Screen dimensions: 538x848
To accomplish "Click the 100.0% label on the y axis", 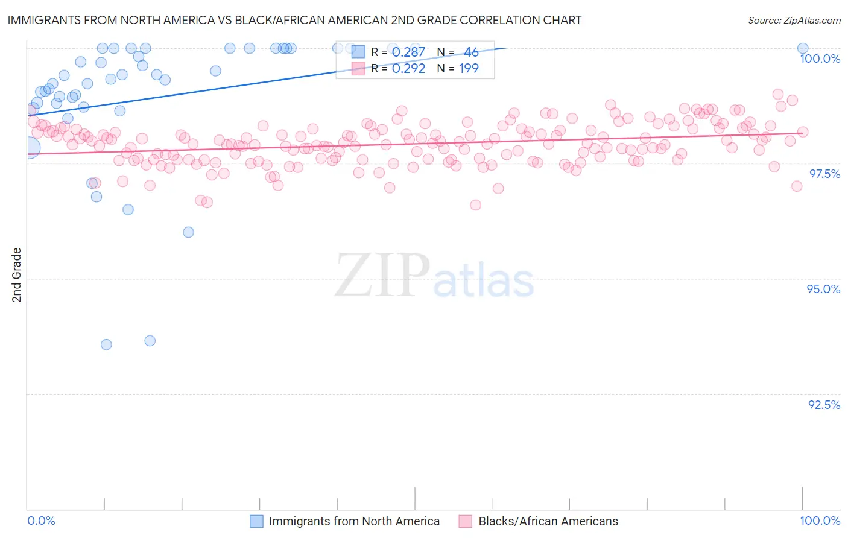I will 820,59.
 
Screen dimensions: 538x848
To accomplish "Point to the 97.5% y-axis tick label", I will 824,174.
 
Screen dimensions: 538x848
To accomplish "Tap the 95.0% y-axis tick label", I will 823,289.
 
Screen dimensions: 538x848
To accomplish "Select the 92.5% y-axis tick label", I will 824,405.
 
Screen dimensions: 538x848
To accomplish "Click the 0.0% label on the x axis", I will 41,521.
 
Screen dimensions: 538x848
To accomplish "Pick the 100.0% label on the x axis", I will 820,521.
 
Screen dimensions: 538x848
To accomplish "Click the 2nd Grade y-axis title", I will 17,275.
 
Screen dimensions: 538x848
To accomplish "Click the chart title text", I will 294,20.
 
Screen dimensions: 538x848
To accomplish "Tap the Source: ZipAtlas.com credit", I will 794,20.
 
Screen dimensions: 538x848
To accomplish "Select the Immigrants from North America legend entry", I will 353,521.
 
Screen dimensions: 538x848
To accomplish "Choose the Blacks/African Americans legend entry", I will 548,521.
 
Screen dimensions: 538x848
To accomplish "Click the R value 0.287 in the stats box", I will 408,52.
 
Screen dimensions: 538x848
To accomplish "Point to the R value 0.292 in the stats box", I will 408,68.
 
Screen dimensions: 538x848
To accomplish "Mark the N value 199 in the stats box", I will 469,68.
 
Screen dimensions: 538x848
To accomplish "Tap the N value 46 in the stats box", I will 471,52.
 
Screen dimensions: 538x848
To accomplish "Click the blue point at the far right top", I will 803,48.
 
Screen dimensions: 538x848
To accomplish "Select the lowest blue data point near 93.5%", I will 106,344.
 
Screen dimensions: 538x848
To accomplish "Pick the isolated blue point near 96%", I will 188,232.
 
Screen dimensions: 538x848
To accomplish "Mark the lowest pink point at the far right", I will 797,186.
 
